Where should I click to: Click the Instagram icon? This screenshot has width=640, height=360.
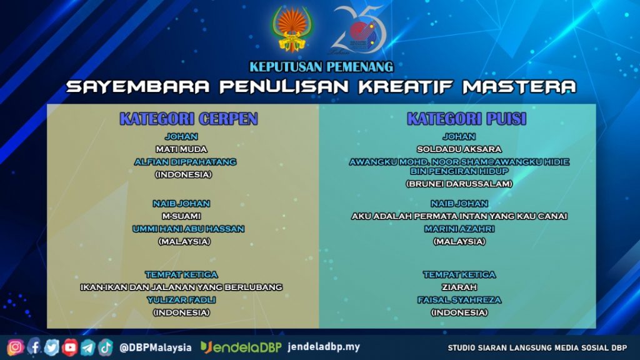[x=16, y=347]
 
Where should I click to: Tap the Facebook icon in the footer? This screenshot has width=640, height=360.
[x=34, y=347]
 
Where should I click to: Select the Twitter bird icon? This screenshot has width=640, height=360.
[x=51, y=347]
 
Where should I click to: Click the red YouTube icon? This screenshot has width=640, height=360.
[x=70, y=347]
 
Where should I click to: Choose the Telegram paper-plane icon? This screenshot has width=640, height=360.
[x=87, y=347]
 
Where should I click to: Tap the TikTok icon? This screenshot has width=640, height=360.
[x=105, y=347]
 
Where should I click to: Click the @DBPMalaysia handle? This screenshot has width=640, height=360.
[x=156, y=347]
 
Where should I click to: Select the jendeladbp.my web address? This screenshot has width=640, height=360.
[x=324, y=347]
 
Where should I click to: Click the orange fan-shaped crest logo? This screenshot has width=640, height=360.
[x=291, y=29]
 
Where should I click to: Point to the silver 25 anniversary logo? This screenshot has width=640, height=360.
[x=358, y=30]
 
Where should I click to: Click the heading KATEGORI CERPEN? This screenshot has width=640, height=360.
[x=189, y=119]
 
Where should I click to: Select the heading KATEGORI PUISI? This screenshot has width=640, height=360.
[x=466, y=119]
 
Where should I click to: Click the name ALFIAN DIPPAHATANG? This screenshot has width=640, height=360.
[x=185, y=162]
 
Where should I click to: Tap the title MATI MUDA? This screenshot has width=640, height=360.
[x=181, y=149]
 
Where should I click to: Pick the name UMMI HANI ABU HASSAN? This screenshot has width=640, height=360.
[x=188, y=229]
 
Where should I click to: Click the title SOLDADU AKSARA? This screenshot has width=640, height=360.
[x=459, y=149]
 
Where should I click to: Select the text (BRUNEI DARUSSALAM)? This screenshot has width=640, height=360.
[x=459, y=184]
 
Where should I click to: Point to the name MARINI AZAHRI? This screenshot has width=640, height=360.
[x=459, y=229]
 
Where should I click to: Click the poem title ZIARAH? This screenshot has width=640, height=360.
[x=459, y=287]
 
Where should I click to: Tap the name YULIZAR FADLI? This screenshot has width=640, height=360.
[x=181, y=300]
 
